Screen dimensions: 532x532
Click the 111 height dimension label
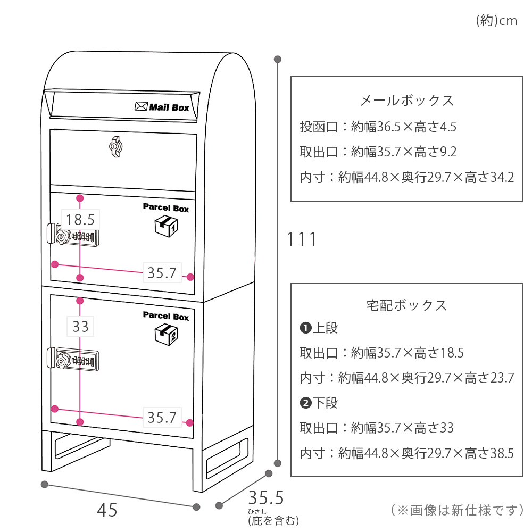302,239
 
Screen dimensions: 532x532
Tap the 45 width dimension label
107,510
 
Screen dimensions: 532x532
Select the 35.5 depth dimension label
266,498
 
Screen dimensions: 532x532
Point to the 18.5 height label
80,220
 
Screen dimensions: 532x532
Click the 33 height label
80,327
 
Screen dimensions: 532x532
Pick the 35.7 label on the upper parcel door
162,273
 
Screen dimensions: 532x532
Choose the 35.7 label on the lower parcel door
162,417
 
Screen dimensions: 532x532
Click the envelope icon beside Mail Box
141,106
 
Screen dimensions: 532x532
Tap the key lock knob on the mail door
115,147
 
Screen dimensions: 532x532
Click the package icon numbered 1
166,226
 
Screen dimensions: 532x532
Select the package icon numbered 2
166,335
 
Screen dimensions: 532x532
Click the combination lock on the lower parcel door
73,359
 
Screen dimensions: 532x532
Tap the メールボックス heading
407,101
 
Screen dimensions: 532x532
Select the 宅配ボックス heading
407,305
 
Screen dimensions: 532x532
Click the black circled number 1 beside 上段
306,328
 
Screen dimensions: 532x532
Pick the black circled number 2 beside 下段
306,403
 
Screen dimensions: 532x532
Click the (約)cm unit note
497,21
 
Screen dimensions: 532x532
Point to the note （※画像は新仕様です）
457,510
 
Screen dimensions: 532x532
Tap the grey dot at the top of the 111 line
278,60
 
